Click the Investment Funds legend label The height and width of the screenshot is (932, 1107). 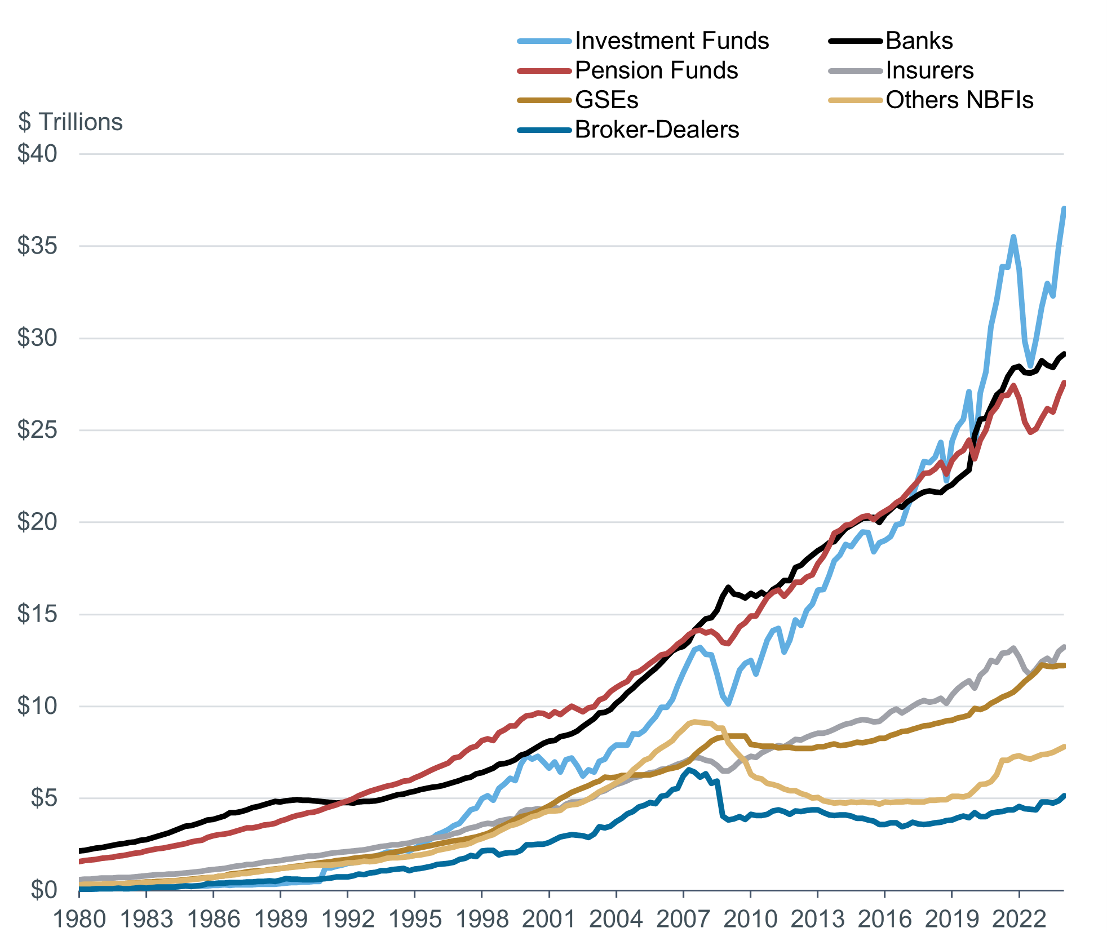[671, 41]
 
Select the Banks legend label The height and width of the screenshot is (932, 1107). [919, 41]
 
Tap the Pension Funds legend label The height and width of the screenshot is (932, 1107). [656, 70]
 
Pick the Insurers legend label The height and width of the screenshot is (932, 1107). [929, 70]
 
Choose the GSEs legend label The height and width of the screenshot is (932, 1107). [606, 100]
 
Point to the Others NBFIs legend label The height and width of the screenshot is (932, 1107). [959, 100]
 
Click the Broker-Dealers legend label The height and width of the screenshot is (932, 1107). [657, 130]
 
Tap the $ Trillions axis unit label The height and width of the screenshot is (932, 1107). [70, 122]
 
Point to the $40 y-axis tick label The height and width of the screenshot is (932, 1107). [37, 154]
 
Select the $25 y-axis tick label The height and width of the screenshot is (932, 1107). [37, 430]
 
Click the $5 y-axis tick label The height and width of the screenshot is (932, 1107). [44, 798]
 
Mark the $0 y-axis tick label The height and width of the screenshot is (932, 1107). [44, 890]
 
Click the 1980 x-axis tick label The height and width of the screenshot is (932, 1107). [79, 918]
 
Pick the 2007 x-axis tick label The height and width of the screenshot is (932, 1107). [683, 918]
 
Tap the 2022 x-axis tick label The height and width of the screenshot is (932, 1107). [1019, 918]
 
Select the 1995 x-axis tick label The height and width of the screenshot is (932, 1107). [415, 918]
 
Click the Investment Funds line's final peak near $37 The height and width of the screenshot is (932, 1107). [1064, 209]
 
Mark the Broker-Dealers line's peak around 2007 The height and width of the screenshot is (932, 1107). [689, 770]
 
